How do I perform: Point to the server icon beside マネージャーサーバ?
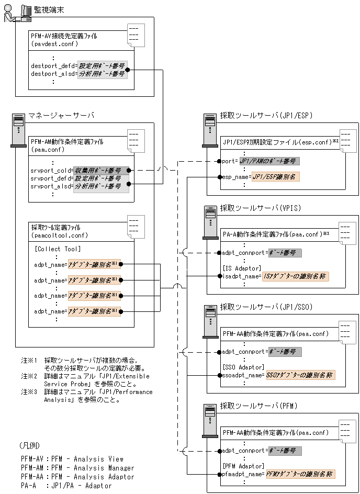(18, 130)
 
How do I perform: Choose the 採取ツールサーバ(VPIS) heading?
(260, 208)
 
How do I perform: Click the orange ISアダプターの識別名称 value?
(295, 276)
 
